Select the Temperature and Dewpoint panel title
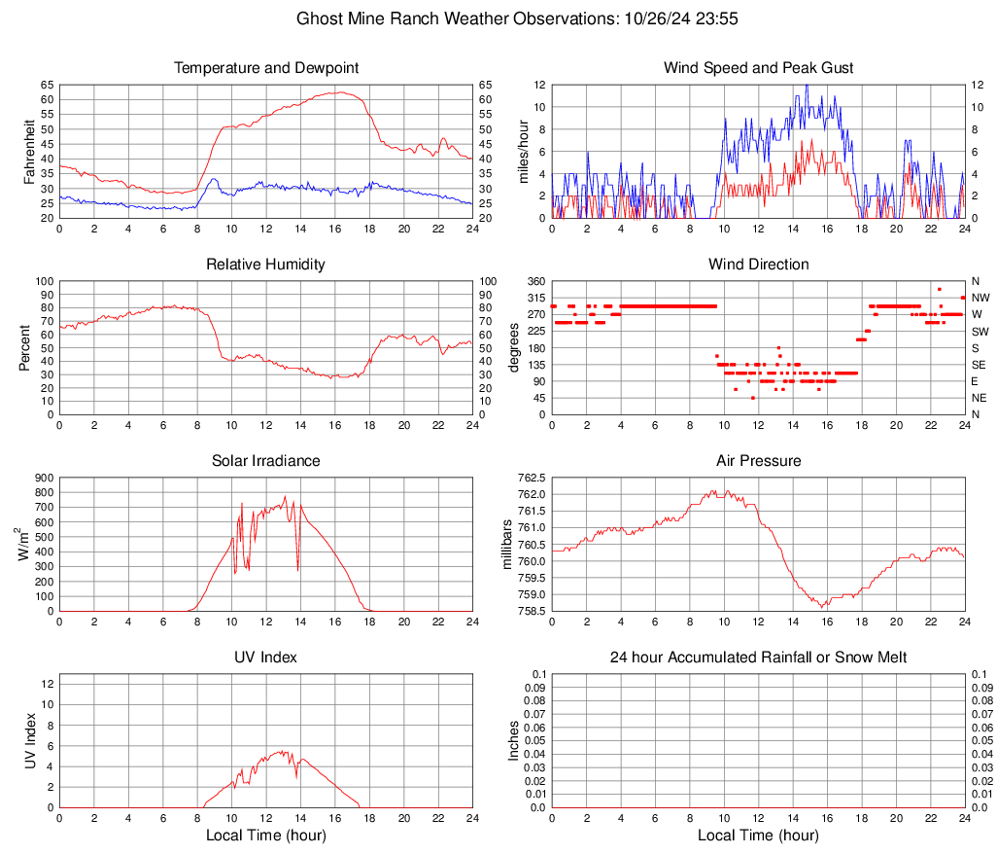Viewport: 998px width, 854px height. (x=266, y=68)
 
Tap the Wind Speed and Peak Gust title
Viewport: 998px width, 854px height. (x=758, y=68)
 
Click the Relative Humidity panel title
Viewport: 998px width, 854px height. (x=266, y=265)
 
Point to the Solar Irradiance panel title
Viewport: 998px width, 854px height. (x=266, y=461)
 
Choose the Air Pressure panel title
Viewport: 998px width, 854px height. (x=758, y=461)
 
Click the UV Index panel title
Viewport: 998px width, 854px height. (x=266, y=658)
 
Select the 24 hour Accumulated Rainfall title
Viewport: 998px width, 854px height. (x=758, y=658)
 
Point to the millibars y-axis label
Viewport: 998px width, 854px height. (x=506, y=544)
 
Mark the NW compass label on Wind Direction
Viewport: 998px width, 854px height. (x=981, y=298)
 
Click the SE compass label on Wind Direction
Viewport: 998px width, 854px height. (x=980, y=365)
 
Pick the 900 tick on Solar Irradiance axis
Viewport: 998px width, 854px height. (x=44, y=478)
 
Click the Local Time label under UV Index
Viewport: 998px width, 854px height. (x=266, y=836)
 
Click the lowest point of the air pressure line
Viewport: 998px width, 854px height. (x=823, y=607)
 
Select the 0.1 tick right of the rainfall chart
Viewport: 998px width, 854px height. (x=979, y=674)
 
